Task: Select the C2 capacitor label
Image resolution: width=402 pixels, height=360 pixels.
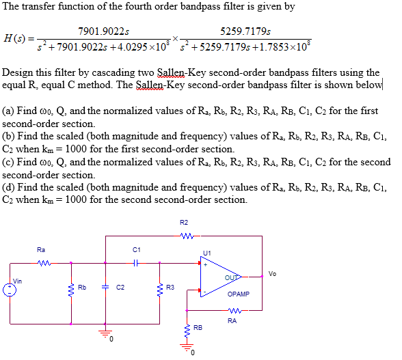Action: pos(119,287)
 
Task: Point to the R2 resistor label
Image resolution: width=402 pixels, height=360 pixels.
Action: pos(183,223)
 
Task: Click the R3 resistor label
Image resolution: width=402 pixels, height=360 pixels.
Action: pos(172,287)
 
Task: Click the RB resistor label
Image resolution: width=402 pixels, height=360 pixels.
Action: pos(198,328)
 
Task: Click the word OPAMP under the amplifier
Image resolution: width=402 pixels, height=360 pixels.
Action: pos(239,294)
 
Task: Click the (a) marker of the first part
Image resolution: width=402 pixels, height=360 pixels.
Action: pos(9,111)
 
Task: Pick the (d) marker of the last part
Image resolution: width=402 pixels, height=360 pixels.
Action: pos(9,186)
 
